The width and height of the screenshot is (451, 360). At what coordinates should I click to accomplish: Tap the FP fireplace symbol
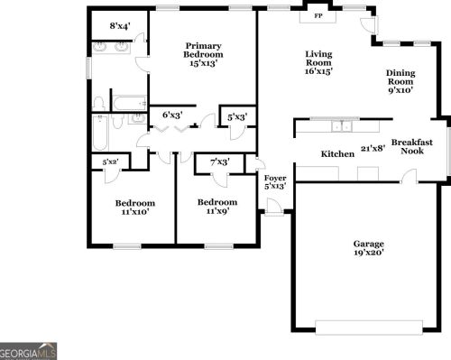(318, 16)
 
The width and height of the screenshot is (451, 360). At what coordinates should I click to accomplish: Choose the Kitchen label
(338, 154)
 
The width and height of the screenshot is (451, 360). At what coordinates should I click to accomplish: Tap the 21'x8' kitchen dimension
(373, 148)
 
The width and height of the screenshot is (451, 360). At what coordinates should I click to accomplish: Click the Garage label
(368, 244)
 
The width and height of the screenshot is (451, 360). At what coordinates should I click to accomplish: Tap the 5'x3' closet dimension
(238, 115)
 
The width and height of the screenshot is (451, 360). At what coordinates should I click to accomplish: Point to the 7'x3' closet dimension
(219, 162)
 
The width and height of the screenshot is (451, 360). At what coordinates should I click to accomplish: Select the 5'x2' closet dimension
(111, 162)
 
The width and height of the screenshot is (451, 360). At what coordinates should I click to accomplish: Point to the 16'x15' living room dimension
(318, 70)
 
